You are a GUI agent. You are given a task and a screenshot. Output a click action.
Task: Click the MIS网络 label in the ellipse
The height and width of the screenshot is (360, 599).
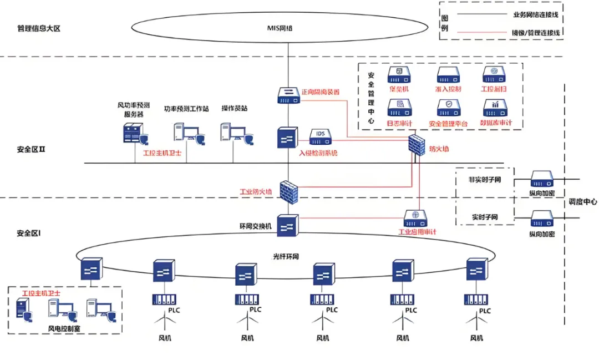(x=288, y=26)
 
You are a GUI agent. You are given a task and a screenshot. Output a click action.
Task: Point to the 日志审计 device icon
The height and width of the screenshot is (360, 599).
(x=399, y=107)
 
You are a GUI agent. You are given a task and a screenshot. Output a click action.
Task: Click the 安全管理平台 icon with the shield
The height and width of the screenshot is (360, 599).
(x=448, y=107)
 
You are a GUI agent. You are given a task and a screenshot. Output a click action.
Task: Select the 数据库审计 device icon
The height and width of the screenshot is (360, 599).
(x=494, y=107)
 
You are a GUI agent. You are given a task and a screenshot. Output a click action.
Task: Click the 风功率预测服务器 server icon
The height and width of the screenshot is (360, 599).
(x=133, y=134)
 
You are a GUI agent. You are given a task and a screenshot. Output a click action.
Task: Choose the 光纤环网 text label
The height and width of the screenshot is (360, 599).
(x=286, y=257)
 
